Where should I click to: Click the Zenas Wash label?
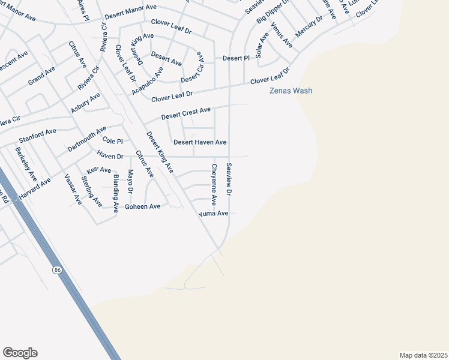tap(290, 91)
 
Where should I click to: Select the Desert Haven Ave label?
tap(200, 142)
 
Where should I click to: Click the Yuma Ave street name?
tap(214, 214)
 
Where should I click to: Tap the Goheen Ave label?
tap(142, 206)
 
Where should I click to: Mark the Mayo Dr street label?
tap(130, 181)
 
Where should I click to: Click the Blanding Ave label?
tap(115, 190)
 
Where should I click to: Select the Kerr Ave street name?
tap(99, 170)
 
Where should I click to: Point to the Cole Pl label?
tap(112, 141)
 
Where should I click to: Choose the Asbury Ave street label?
tap(85, 103)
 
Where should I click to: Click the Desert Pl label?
tap(236, 58)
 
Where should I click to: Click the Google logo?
tap(20, 353)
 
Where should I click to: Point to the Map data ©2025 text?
tap(423, 355)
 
